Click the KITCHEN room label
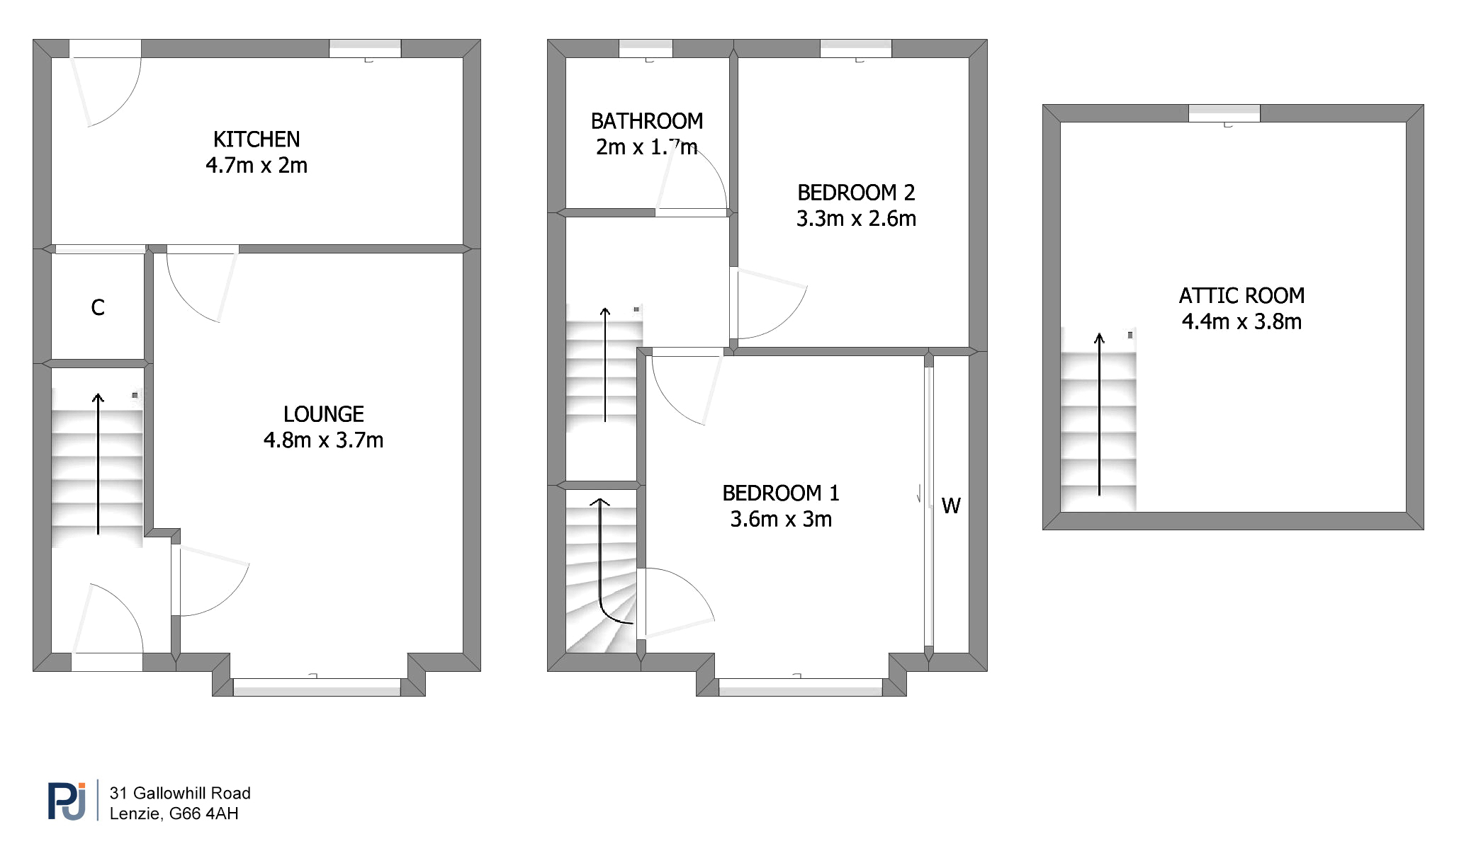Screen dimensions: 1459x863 tap(257, 139)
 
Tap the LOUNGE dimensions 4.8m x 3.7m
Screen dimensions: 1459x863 tap(323, 440)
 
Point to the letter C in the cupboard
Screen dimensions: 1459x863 tap(98, 308)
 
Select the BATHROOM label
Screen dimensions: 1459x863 tap(647, 122)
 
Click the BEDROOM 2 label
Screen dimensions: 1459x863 tap(856, 193)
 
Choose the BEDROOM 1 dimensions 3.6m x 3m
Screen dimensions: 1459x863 tap(781, 520)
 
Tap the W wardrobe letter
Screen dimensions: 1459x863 tap(951, 506)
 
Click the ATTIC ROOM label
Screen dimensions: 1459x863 tap(1241, 296)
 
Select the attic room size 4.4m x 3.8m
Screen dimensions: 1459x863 tap(1241, 322)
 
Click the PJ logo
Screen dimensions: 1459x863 tap(67, 801)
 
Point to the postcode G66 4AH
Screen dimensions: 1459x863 tap(204, 814)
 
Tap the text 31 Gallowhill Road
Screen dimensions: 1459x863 tap(180, 794)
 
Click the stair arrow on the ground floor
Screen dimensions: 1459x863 tap(98, 464)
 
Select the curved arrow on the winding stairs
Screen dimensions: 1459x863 tap(601, 559)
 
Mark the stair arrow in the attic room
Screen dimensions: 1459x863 tap(1099, 413)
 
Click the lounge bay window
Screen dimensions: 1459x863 tap(317, 687)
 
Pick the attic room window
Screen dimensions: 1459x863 tap(1224, 113)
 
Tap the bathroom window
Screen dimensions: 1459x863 tap(646, 48)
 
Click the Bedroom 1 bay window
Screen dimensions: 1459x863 tap(801, 687)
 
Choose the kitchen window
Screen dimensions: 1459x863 tap(365, 48)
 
